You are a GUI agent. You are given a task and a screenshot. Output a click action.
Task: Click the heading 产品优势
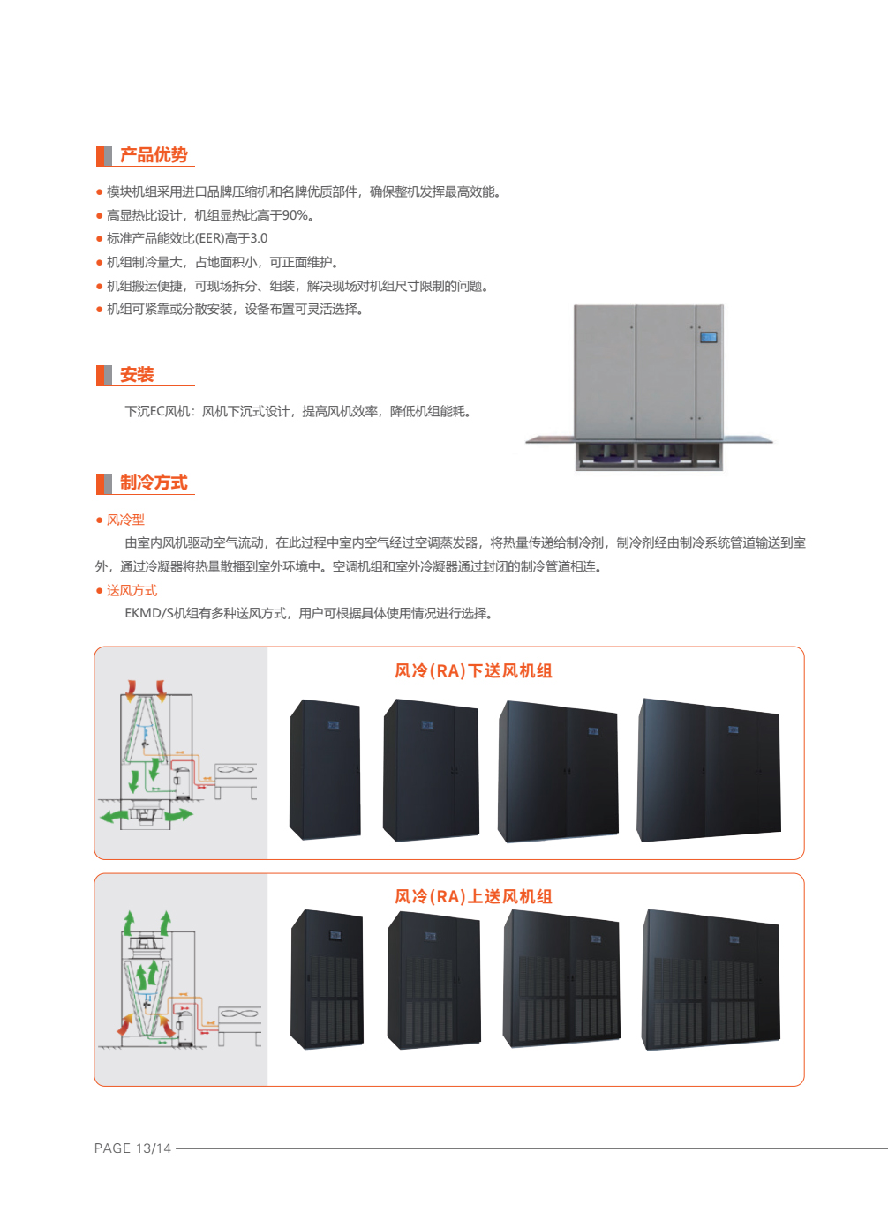pos(154,155)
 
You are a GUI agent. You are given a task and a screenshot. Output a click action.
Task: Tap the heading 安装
pos(137,374)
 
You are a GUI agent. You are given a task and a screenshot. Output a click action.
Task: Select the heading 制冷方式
pos(154,483)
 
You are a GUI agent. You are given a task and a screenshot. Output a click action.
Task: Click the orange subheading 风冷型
pos(125,520)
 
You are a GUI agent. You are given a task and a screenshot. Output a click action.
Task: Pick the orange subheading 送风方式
pos(132,590)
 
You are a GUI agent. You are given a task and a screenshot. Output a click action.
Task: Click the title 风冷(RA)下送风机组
pos(473,671)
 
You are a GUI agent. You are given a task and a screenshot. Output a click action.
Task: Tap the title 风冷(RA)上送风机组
pos(473,896)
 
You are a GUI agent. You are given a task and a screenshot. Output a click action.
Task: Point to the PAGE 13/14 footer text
pos(132,1148)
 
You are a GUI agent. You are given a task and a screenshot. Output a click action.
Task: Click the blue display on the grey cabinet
pos(708,338)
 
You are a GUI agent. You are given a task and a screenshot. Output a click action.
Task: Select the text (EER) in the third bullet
pos(208,238)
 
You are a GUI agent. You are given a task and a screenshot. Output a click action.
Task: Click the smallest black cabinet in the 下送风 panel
pos(325,769)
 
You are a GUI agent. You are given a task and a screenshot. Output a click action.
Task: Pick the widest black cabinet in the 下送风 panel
pos(709,770)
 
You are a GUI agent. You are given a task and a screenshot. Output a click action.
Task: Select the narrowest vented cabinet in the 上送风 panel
pos(327,979)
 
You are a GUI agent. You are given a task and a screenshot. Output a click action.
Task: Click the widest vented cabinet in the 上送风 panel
pos(711,980)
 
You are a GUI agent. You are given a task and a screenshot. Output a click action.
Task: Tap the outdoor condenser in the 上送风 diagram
pos(239,1026)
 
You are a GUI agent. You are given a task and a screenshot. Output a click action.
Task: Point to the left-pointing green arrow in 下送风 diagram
pos(114,816)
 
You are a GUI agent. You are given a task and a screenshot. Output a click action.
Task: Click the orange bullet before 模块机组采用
pos(99,192)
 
